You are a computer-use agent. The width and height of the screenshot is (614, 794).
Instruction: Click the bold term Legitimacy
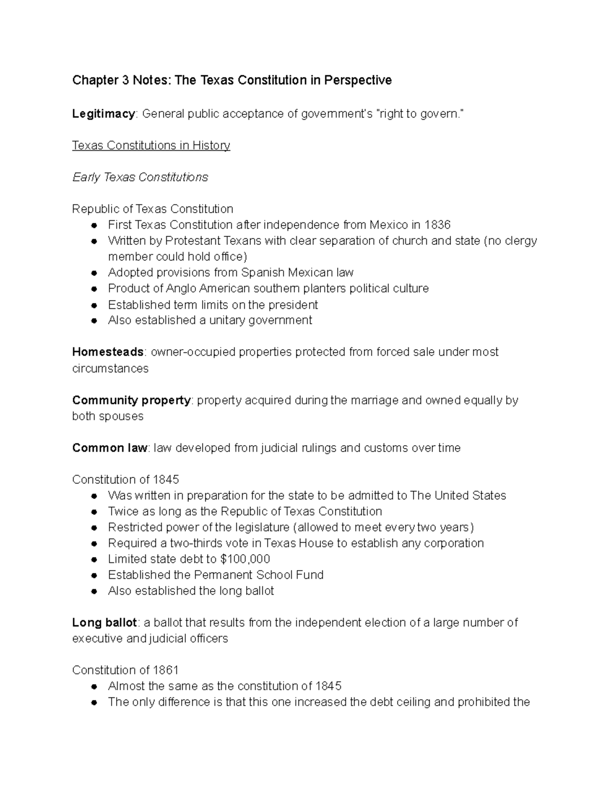tap(103, 114)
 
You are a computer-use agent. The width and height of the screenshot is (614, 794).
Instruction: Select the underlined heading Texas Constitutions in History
tap(151, 145)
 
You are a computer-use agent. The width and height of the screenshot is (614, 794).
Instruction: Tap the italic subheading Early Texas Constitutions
tap(140, 177)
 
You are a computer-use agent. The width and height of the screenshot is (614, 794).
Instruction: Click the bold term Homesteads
tap(108, 352)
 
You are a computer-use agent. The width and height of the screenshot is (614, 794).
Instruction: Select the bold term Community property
tap(131, 400)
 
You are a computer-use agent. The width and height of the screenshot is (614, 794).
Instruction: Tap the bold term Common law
tap(109, 448)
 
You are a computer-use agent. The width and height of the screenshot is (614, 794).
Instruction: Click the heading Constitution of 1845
tap(125, 480)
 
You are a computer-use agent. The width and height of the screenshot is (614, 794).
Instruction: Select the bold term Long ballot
tap(104, 622)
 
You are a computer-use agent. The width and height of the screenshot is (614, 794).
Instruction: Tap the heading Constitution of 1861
tap(125, 670)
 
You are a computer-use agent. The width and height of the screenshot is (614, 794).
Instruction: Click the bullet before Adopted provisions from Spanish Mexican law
tap(94, 273)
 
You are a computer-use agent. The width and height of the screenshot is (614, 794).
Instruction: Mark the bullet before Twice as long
tap(94, 512)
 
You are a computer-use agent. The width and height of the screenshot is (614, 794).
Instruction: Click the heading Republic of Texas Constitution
tap(152, 209)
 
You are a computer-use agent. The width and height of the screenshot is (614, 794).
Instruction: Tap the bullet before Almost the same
tap(94, 686)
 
